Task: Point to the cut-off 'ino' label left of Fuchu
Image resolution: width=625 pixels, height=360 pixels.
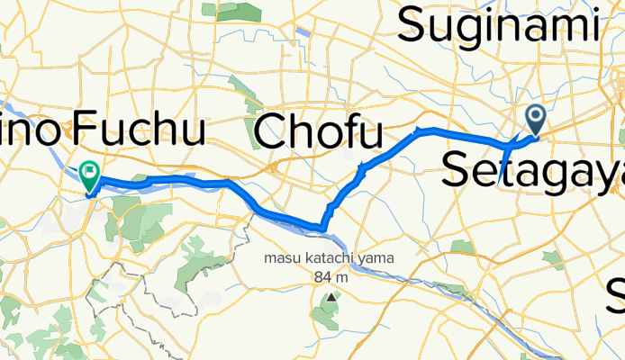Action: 31,131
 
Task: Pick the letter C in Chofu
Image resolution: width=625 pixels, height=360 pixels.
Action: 274,132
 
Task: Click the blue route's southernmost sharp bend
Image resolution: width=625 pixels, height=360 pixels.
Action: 322,228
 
